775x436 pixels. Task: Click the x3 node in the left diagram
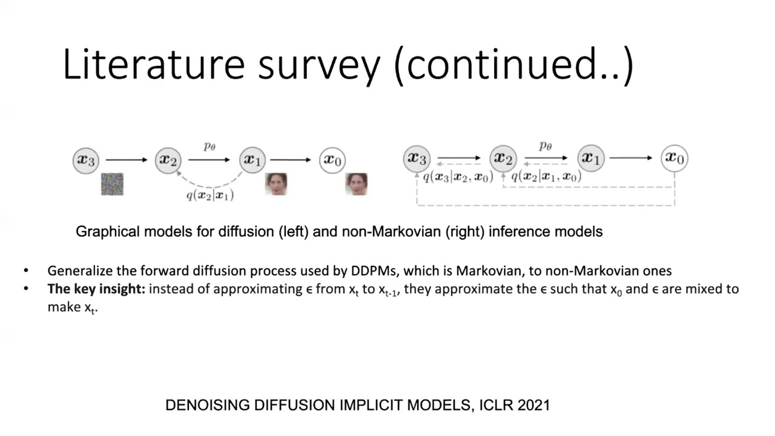[85, 160]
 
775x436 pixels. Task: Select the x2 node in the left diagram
[168, 160]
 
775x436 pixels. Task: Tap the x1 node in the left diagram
[251, 160]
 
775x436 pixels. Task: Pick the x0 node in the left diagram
[332, 160]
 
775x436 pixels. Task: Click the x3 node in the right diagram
[416, 158]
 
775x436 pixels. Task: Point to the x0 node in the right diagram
[674, 158]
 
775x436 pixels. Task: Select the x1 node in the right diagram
[590, 158]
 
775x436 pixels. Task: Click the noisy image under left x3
[112, 184]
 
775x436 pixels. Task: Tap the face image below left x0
[356, 184]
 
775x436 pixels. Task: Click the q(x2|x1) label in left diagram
[210, 195]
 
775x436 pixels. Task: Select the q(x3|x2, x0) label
[458, 176]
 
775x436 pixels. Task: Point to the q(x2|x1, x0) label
[546, 176]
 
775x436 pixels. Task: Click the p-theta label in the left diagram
[209, 146]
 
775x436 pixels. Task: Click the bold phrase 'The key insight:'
[96, 289]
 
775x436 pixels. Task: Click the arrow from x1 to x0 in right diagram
[631, 158]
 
